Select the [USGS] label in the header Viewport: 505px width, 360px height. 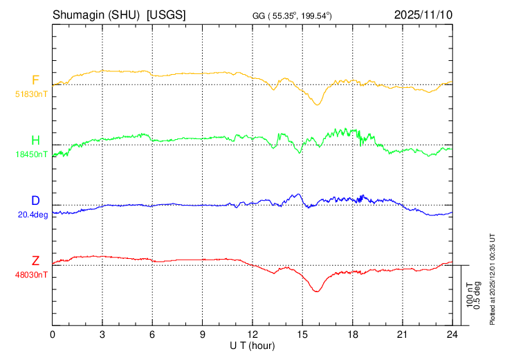[166, 15]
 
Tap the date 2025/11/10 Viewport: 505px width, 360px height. [423, 15]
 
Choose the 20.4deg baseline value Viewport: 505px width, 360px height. [33, 215]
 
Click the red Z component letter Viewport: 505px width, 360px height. [35, 261]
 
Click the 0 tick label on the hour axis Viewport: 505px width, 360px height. [53, 334]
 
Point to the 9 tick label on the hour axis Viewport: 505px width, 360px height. [203, 334]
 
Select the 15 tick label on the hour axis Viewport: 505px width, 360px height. [302, 334]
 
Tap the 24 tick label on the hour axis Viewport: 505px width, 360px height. [452, 334]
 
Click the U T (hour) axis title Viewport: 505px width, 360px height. [252, 345]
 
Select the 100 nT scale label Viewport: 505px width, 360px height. [470, 295]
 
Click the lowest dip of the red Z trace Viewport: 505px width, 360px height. [317, 291]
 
